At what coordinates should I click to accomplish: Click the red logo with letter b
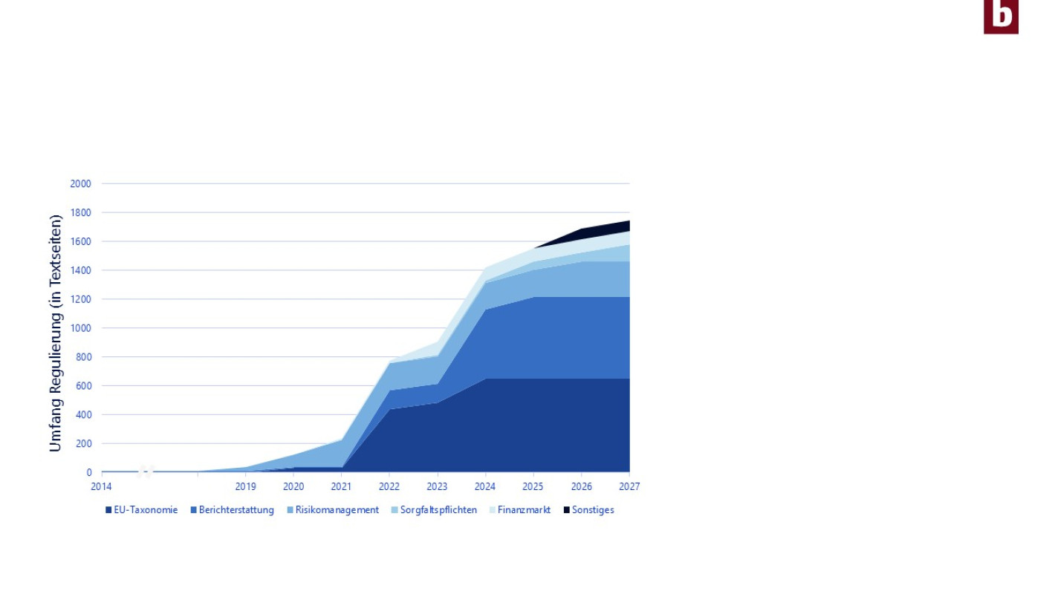1001,16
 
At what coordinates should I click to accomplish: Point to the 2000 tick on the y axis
80,184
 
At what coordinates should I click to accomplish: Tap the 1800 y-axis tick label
80,213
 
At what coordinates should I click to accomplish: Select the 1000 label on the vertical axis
80,328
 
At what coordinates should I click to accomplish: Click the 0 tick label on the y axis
89,472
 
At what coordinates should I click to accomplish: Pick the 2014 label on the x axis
101,486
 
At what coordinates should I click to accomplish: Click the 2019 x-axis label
245,486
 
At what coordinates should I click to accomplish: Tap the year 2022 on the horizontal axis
389,486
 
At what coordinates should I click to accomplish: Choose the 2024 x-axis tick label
485,486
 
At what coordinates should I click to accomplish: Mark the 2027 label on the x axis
629,486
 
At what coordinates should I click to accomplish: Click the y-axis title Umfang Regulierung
56,333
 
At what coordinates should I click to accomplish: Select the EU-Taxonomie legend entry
142,510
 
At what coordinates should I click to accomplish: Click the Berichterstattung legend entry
233,510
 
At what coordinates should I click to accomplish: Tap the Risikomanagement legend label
333,510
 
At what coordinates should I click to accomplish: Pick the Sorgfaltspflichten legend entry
434,510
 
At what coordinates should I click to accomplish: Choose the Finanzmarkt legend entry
520,510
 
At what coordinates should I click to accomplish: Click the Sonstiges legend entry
589,510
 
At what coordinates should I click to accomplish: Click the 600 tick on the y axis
83,386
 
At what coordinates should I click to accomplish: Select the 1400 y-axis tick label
80,271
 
